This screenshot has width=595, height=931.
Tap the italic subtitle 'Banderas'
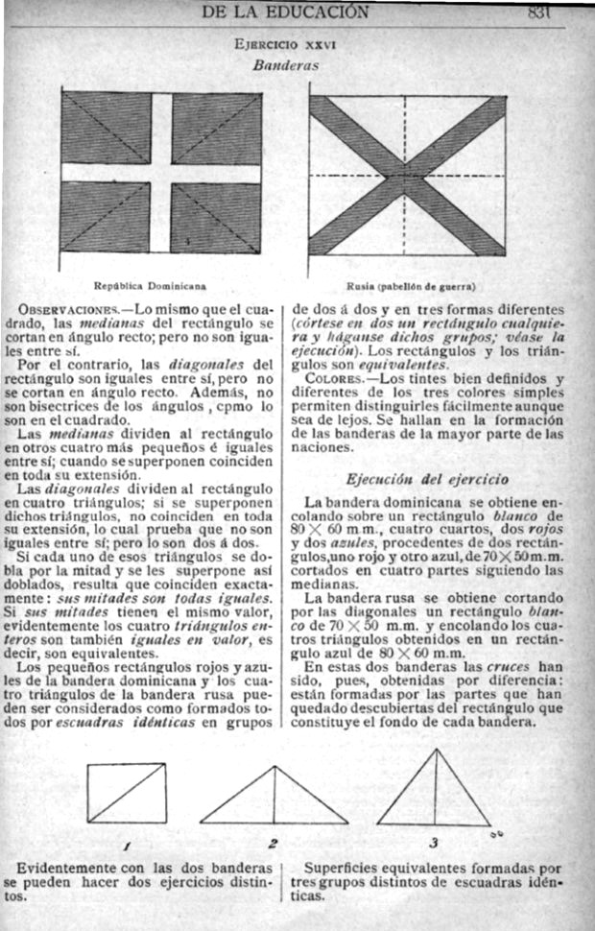[285, 66]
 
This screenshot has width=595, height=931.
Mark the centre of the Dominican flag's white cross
[161, 174]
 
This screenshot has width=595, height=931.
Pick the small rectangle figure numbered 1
[126, 793]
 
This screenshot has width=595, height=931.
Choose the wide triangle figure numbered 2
[274, 796]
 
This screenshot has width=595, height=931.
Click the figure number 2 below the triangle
[274, 844]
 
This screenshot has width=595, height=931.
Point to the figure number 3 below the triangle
[434, 843]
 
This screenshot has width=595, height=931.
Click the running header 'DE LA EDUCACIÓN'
[285, 12]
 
